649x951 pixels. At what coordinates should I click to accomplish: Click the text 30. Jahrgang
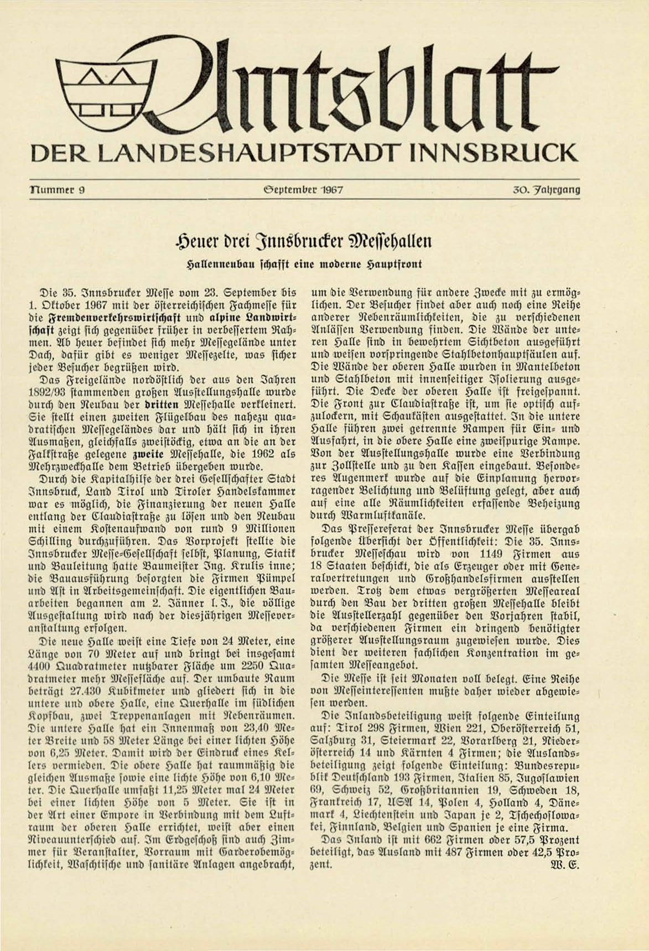pos(546,190)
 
